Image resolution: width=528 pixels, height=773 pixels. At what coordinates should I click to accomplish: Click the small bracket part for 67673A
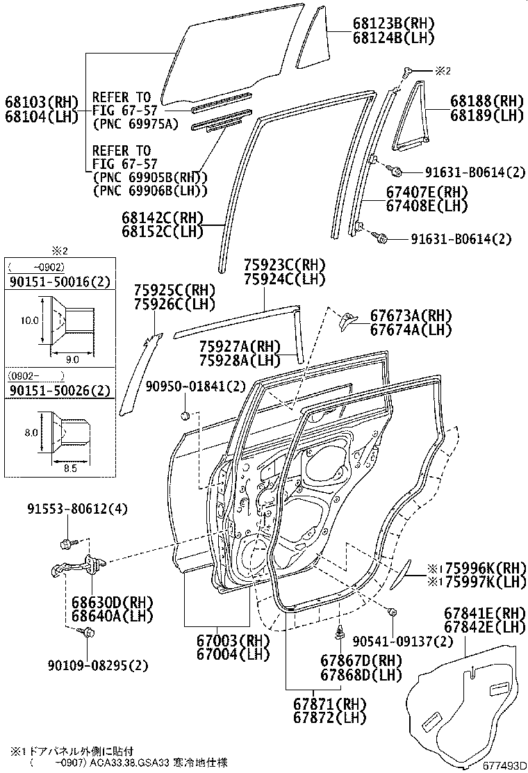345,319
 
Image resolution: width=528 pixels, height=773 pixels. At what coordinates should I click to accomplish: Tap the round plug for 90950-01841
185,416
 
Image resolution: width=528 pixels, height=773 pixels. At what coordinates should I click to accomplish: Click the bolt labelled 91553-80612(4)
67,543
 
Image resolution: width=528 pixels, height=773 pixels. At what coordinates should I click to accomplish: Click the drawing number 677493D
502,766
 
